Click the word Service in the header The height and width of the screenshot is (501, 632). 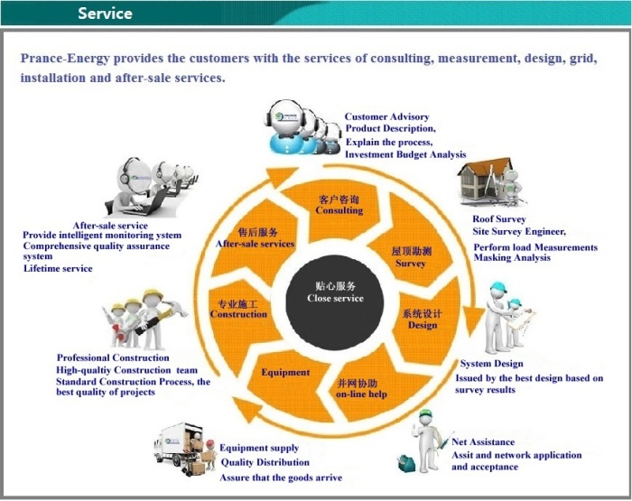pyautogui.click(x=106, y=14)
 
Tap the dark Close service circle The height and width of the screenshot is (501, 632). pyautogui.click(x=335, y=302)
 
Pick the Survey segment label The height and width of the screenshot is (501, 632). pyautogui.click(x=411, y=264)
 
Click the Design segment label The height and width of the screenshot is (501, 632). pyautogui.click(x=423, y=325)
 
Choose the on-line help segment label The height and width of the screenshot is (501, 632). pyautogui.click(x=361, y=394)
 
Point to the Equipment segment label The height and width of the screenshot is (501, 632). pyautogui.click(x=285, y=372)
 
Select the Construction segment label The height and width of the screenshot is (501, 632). pyautogui.click(x=238, y=314)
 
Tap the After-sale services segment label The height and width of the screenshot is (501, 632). pyautogui.click(x=255, y=244)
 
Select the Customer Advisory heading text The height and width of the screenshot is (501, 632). pyautogui.click(x=386, y=116)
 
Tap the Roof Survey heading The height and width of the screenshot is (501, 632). pyautogui.click(x=499, y=218)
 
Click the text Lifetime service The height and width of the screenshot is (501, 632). pyautogui.click(x=58, y=268)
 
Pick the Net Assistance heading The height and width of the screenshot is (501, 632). pyautogui.click(x=483, y=441)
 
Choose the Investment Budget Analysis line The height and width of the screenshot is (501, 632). pyautogui.click(x=405, y=154)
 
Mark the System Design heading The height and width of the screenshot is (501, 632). pyautogui.click(x=492, y=364)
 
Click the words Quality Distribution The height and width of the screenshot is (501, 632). pyautogui.click(x=265, y=462)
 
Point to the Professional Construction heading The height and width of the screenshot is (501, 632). pyautogui.click(x=113, y=357)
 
